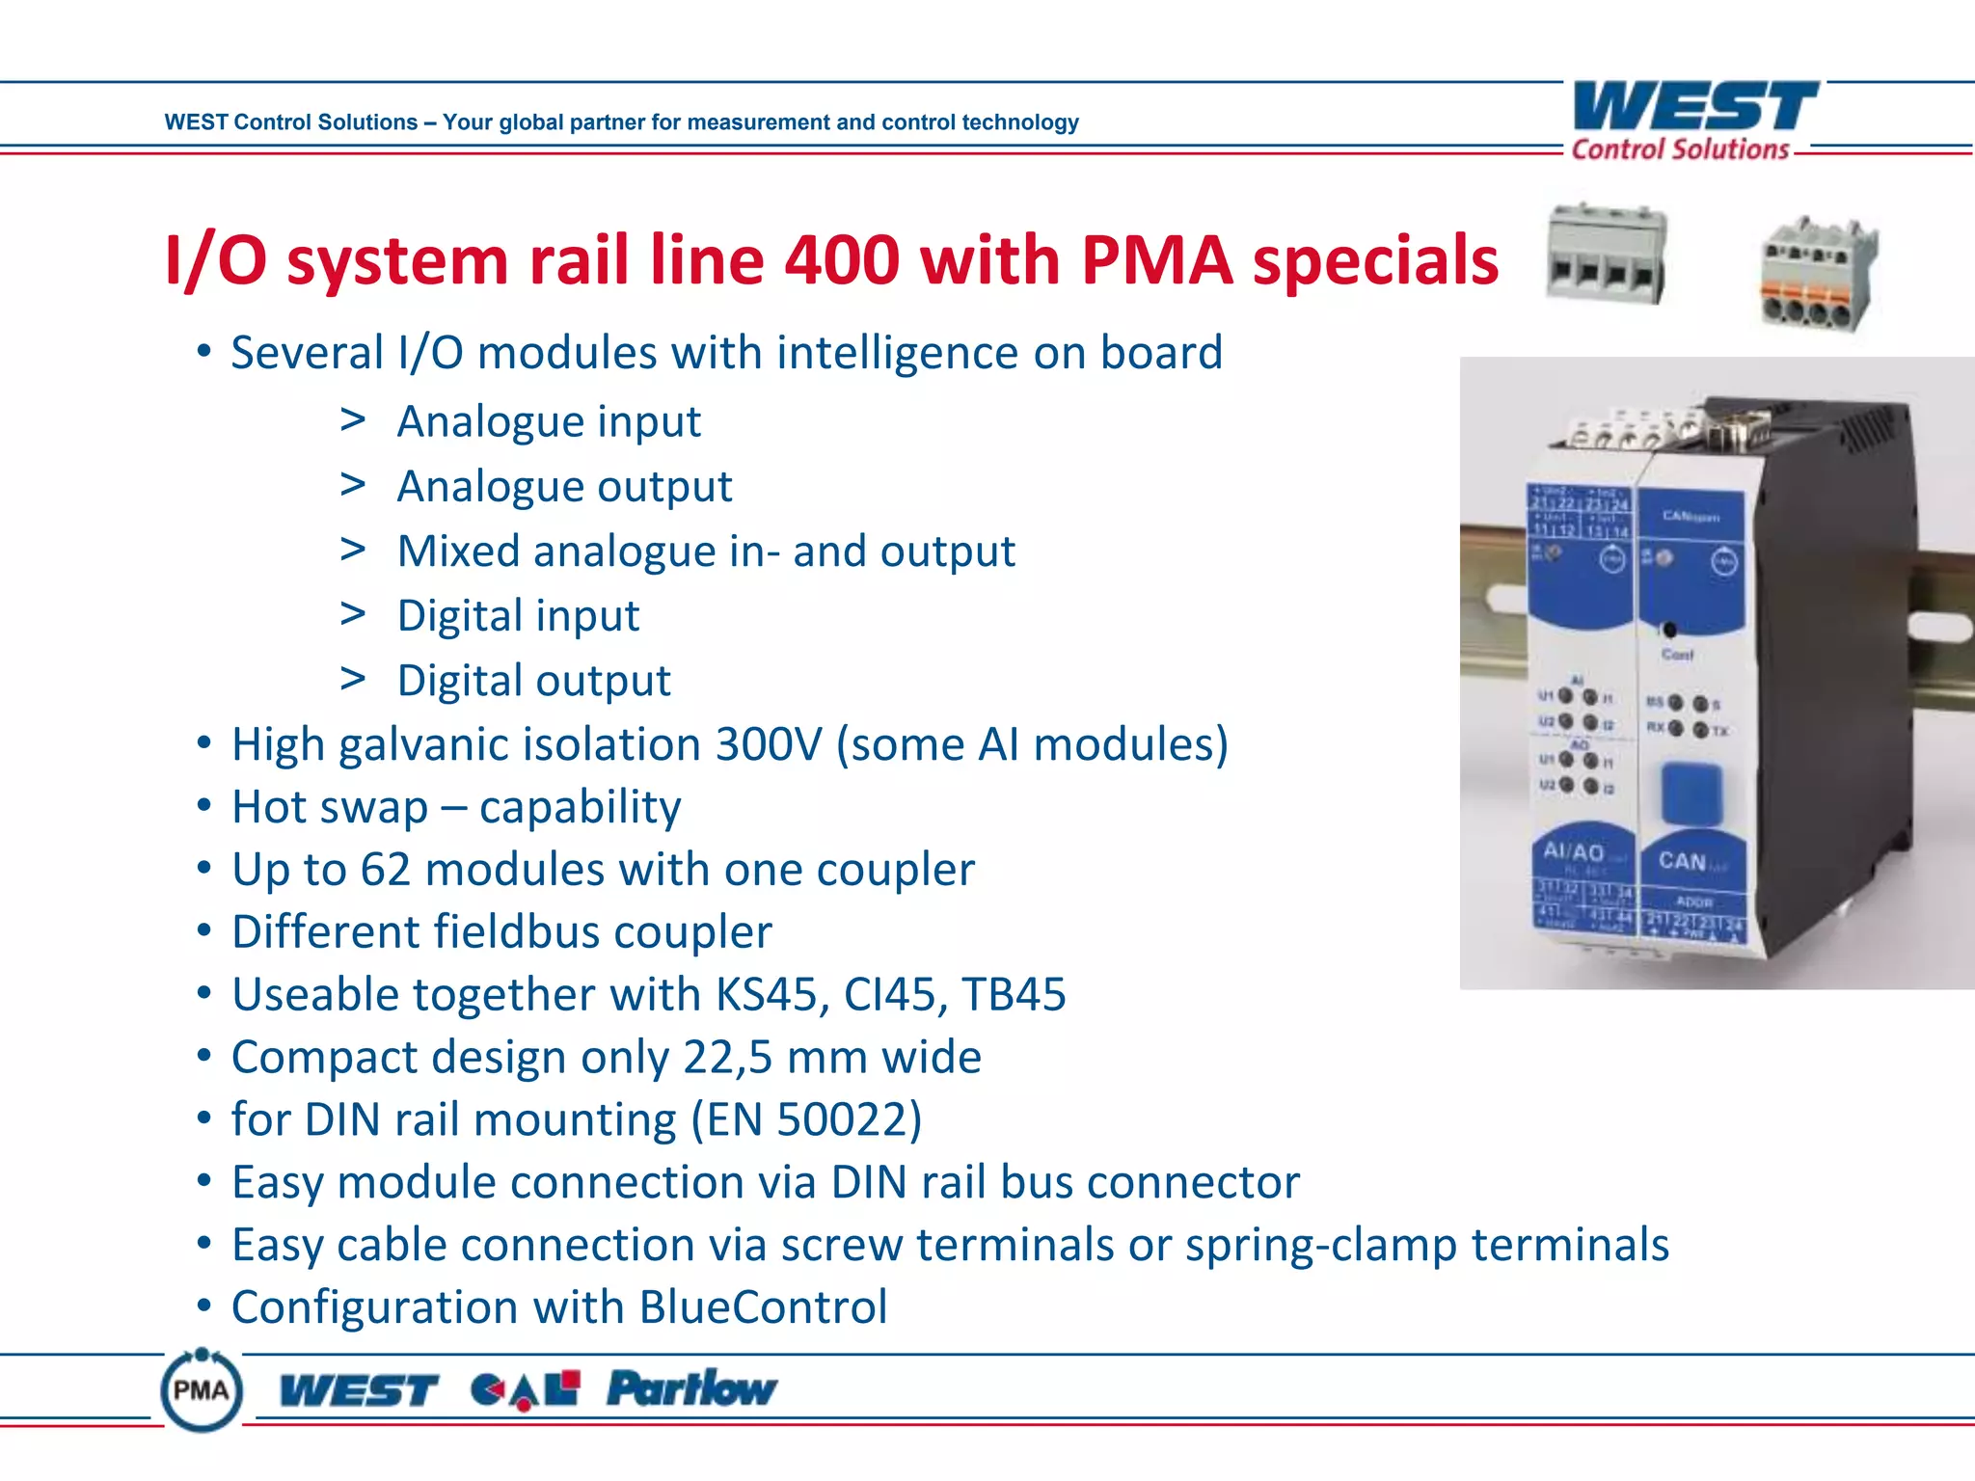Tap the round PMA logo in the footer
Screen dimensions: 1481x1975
coord(201,1389)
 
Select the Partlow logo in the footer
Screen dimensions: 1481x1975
coord(691,1388)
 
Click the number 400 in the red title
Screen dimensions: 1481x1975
coord(842,260)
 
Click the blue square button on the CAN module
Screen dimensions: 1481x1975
coord(1691,792)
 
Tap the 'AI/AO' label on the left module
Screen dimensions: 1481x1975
coord(1573,851)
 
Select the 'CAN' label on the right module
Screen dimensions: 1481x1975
coord(1683,860)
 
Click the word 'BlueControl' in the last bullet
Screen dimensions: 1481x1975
coord(762,1307)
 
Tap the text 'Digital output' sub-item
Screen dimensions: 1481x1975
coord(533,681)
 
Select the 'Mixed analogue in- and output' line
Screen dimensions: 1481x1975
coord(706,552)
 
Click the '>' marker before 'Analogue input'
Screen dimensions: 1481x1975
coord(353,420)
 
